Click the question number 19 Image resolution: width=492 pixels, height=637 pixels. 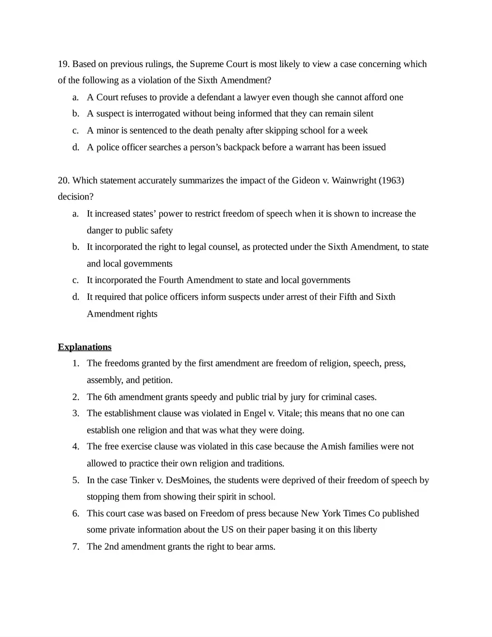point(64,64)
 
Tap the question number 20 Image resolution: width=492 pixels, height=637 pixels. point(64,180)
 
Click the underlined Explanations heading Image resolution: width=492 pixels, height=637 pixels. point(84,347)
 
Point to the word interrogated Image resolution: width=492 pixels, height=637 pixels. point(155,114)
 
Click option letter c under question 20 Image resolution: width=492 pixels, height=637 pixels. point(75,280)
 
